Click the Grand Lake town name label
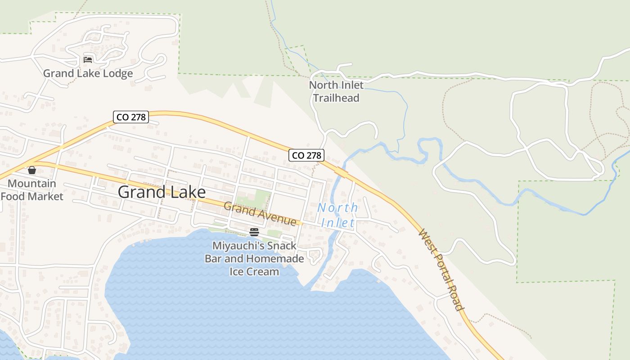162,192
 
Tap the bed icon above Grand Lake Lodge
88,59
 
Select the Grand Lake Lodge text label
88,73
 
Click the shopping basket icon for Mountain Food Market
31,170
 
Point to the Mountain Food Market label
32,190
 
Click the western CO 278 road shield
131,117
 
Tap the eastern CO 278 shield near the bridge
306,155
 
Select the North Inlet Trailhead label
336,91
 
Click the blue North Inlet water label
337,215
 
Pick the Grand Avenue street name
260,214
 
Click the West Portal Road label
441,270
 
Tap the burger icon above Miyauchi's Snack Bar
254,232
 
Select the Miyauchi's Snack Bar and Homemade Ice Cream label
254,259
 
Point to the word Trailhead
336,98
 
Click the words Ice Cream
254,272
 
